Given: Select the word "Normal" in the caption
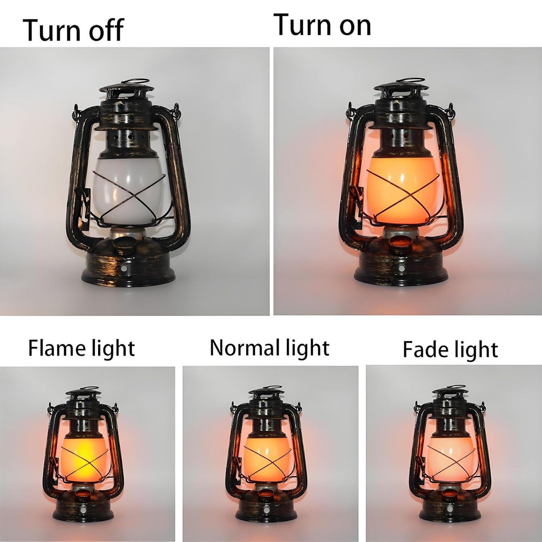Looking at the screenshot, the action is [x=242, y=348].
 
